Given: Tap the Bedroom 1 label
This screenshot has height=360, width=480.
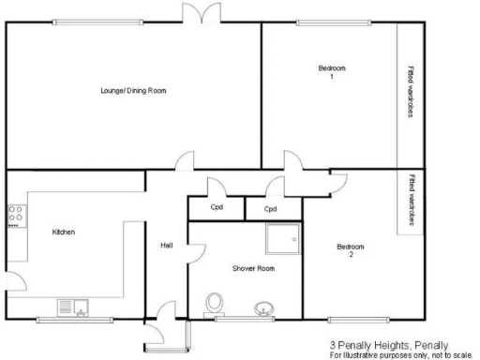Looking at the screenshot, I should [332, 72].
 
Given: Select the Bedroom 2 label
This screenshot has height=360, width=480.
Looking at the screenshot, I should [351, 250].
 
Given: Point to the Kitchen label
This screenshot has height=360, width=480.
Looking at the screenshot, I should [63, 232].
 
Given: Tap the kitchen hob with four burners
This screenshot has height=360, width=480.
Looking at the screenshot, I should [15, 217].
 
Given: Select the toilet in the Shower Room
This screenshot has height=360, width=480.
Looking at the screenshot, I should [215, 303].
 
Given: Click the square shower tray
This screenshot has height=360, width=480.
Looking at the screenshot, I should [282, 240].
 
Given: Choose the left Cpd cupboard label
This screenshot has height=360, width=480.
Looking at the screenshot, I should [216, 208].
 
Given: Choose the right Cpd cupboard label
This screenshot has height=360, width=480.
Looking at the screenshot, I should [270, 208].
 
